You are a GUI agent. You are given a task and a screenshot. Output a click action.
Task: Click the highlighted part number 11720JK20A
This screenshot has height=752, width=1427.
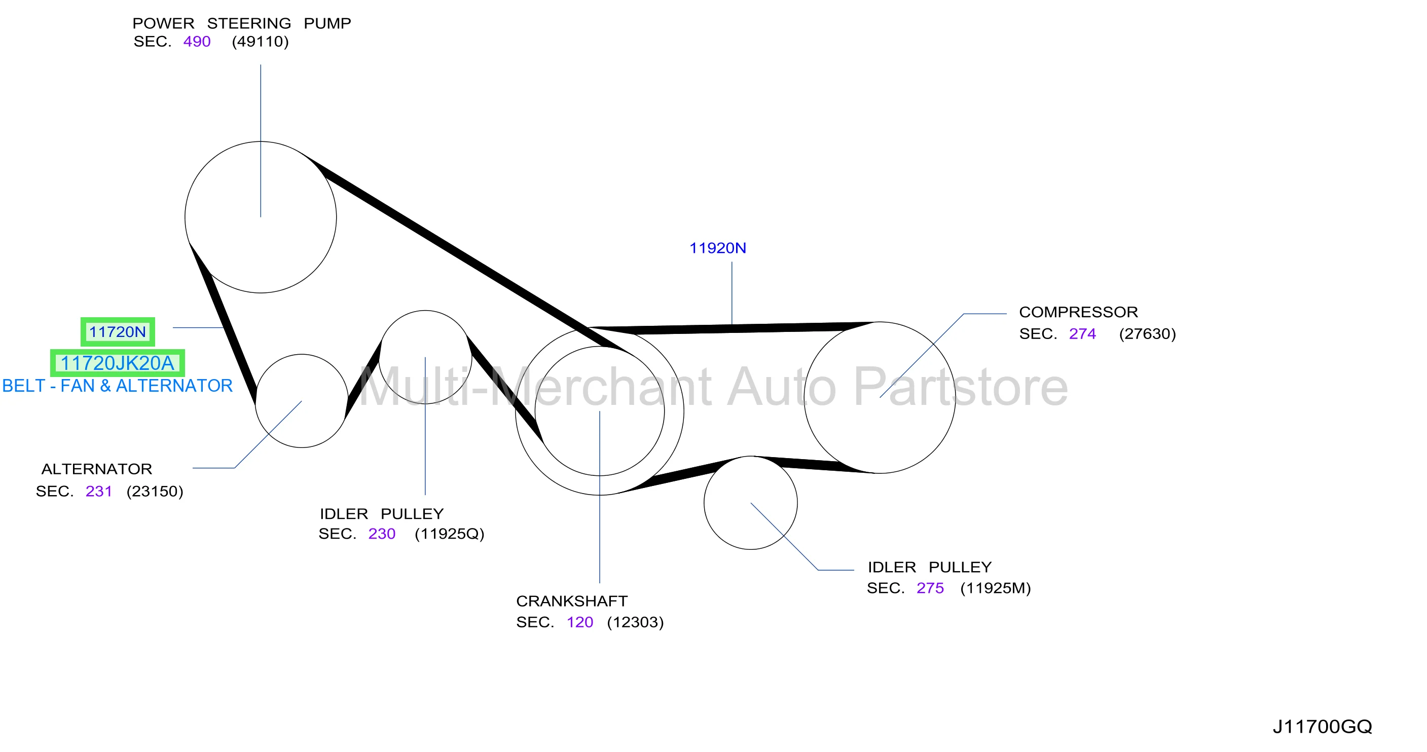point(118,363)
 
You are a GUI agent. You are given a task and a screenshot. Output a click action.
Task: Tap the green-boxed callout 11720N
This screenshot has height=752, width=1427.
point(118,332)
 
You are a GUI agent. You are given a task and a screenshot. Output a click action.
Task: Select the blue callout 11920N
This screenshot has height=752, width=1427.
point(717,248)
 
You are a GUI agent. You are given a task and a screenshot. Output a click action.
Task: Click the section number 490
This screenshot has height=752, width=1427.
point(197,42)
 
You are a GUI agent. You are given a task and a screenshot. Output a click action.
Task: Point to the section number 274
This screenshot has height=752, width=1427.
point(1082,334)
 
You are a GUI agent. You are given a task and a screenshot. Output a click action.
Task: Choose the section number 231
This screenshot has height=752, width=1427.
point(99,491)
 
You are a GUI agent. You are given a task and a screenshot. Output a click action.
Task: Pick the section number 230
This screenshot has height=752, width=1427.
point(382,534)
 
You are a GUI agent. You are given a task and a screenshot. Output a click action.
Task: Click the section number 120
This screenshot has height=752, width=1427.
point(579,622)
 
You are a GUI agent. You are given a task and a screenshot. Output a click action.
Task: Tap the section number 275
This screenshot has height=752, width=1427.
point(930,588)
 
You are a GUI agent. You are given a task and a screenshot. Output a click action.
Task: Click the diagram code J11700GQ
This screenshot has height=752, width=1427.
point(1322,727)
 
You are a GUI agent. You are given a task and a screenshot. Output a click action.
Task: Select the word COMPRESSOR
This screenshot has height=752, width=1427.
point(1079,312)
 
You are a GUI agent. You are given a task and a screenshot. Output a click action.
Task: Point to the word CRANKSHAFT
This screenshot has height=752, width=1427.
point(572,601)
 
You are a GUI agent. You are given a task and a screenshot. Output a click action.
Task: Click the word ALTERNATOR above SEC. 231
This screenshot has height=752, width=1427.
point(97,469)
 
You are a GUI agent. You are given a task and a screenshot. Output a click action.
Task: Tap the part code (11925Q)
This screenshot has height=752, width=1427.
point(449,534)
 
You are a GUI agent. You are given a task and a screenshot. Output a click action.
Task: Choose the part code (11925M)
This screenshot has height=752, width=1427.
point(996,588)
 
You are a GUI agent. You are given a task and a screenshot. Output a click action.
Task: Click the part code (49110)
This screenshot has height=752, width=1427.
point(261,42)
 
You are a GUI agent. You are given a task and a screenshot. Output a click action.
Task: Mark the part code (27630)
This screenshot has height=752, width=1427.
point(1147,334)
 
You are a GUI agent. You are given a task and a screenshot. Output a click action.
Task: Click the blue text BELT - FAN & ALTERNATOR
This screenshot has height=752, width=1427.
point(118,386)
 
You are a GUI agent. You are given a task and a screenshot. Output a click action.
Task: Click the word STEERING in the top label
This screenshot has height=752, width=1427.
point(249,23)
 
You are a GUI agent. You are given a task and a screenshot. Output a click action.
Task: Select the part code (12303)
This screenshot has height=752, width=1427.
point(635,622)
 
